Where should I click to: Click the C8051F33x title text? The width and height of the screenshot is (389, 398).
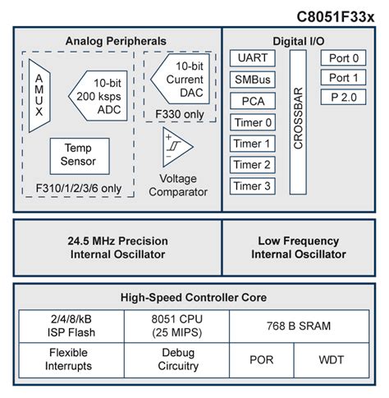tap(338, 14)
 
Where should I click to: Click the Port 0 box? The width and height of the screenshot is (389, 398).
tap(344, 58)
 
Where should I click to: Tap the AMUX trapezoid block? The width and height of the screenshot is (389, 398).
tap(40, 94)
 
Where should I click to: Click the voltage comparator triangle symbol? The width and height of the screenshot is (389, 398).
tap(176, 147)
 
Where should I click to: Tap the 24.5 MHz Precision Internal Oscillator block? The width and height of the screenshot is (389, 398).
tap(117, 247)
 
